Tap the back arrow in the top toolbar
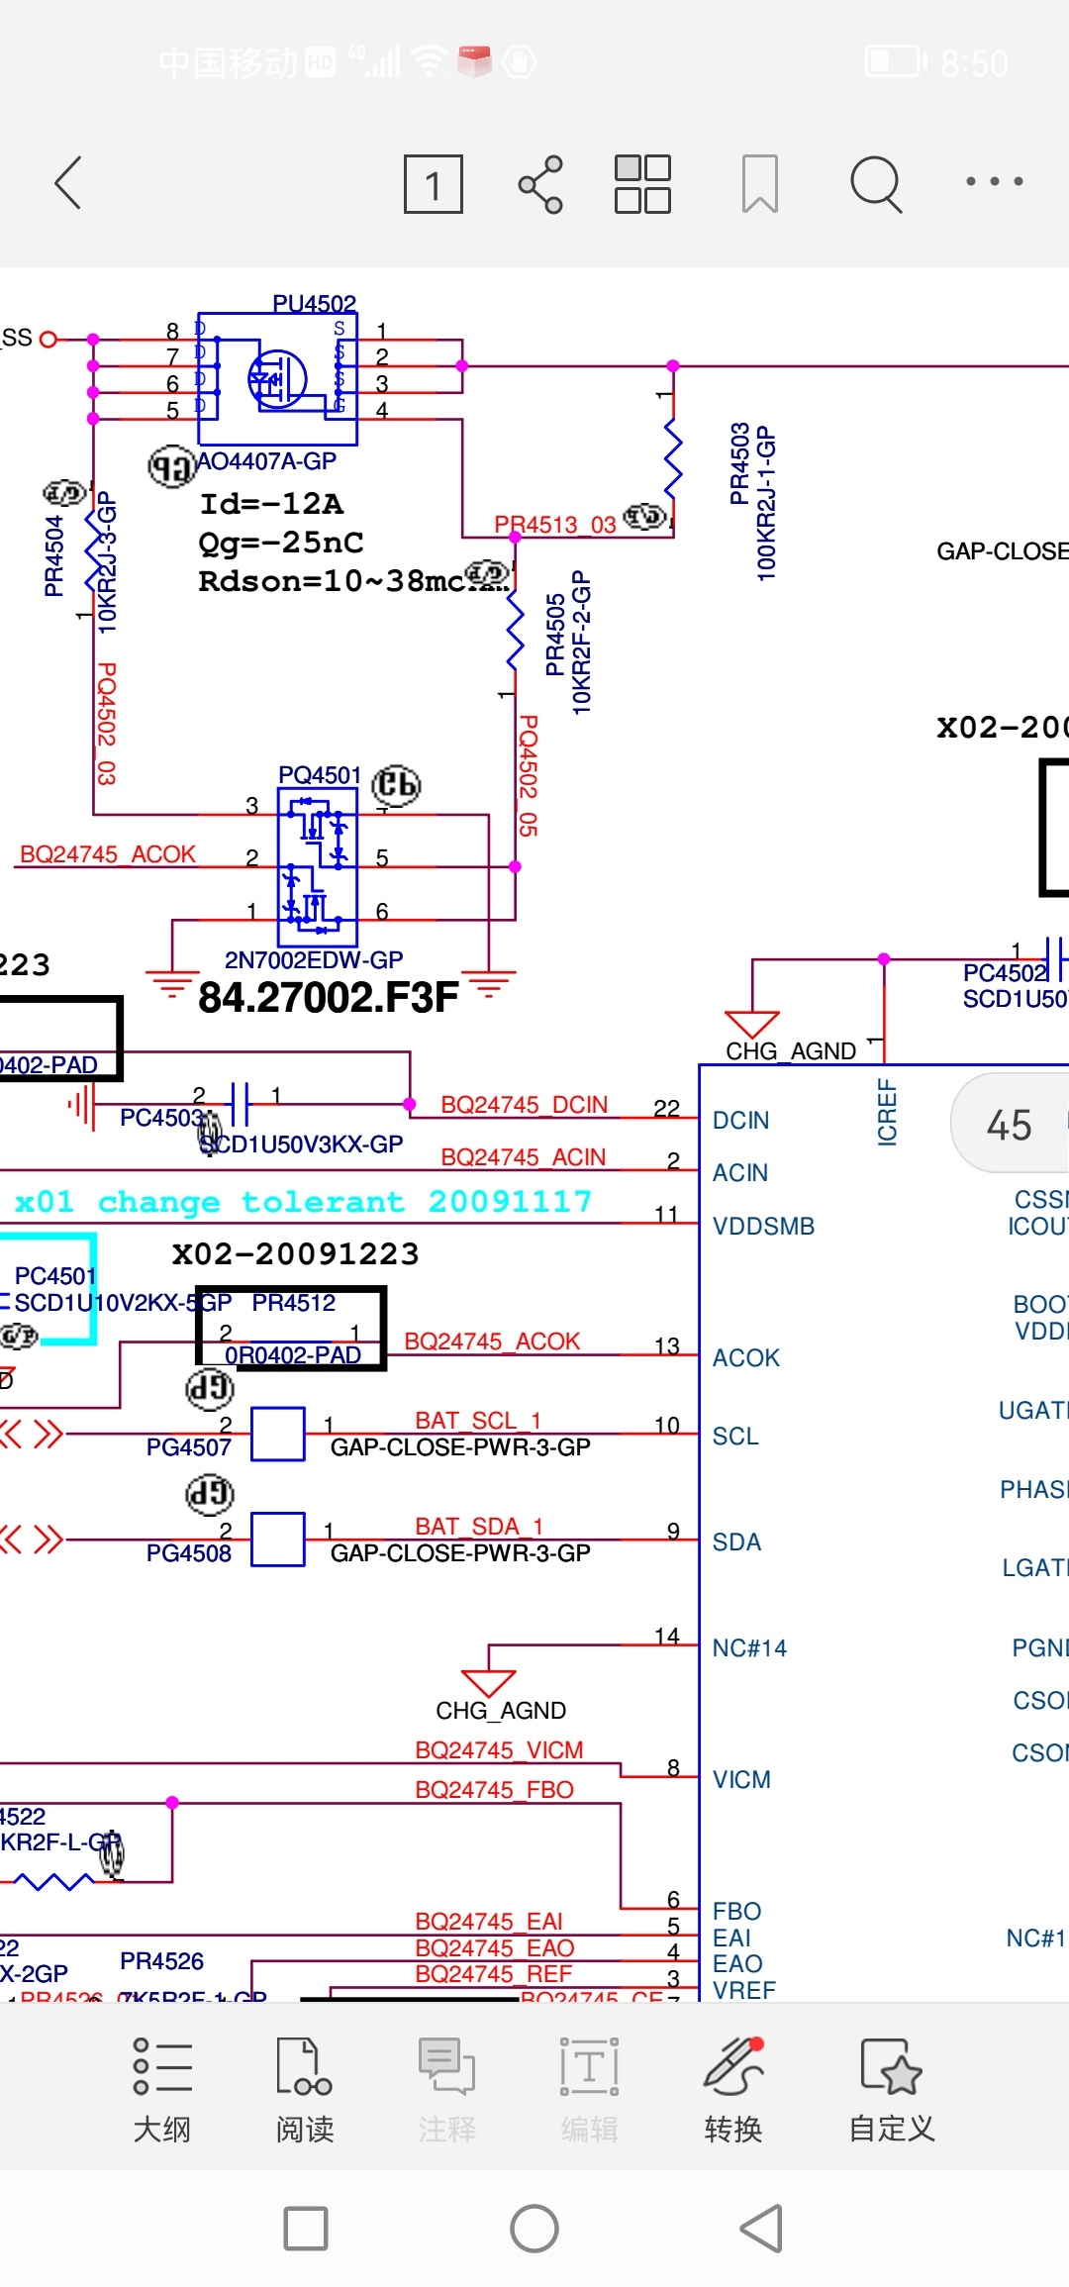coord(67,183)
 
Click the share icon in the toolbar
coord(540,184)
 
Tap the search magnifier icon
coord(876,184)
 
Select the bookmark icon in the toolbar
coord(759,184)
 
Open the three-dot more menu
coord(994,182)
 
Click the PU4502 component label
coord(314,303)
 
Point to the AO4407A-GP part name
coord(266,461)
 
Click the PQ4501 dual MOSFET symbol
coord(317,866)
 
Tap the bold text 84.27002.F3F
coord(328,998)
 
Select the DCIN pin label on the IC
coord(740,1121)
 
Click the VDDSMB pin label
coord(763,1227)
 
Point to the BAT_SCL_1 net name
coord(478,1421)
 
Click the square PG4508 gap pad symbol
coord(278,1539)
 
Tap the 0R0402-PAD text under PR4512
coord(293,1355)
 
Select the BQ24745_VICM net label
coord(499,1750)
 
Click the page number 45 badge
coord(1009,1126)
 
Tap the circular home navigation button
coord(534,2230)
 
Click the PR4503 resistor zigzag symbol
coord(673,455)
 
